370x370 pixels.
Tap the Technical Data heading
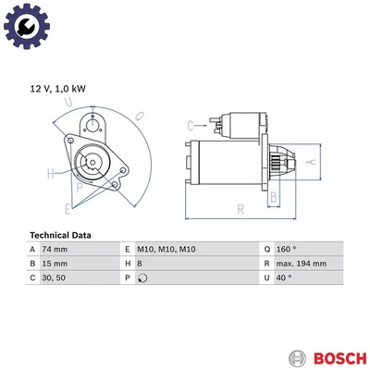pyautogui.click(x=61, y=235)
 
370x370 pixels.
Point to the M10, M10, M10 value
pyautogui.click(x=166, y=250)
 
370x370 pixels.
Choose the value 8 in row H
pyautogui.click(x=139, y=264)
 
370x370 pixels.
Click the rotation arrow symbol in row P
pyautogui.click(x=142, y=277)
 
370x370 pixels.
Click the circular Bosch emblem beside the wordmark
pyautogui.click(x=297, y=357)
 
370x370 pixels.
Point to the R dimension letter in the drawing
pyautogui.click(x=240, y=210)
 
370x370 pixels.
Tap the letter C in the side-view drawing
pyautogui.click(x=190, y=125)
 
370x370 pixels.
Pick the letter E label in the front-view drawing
pyautogui.click(x=68, y=207)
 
